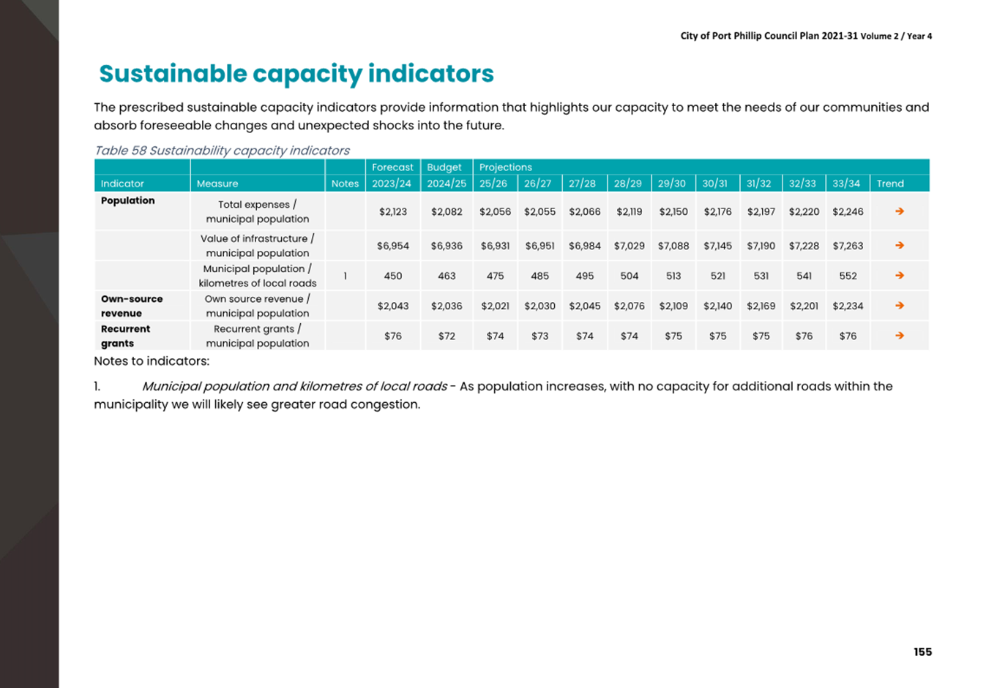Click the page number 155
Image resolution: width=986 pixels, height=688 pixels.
click(922, 651)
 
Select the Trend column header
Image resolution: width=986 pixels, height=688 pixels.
click(889, 184)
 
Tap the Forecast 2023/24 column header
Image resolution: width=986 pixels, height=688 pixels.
click(392, 175)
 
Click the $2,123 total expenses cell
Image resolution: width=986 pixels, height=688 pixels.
click(392, 211)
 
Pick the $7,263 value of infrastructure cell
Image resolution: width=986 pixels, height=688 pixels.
click(848, 246)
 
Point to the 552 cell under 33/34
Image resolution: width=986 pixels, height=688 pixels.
click(848, 276)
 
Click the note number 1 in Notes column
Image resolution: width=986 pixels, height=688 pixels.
click(345, 276)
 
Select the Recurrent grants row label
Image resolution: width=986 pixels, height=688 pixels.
click(125, 336)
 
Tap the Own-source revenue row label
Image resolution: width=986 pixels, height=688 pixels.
click(132, 306)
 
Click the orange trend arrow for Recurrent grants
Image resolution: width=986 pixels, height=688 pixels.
click(900, 336)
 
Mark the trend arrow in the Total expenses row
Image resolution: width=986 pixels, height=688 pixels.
click(900, 211)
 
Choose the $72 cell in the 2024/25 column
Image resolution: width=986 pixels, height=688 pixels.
click(447, 336)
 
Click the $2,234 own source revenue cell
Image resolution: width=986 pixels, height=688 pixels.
click(848, 306)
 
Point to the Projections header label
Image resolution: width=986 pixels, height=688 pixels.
click(505, 167)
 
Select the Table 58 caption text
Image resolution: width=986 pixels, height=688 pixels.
click(222, 151)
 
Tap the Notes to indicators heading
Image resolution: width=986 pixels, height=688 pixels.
click(152, 361)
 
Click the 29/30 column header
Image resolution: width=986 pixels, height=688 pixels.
click(672, 184)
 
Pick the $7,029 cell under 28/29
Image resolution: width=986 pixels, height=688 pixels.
click(629, 246)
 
